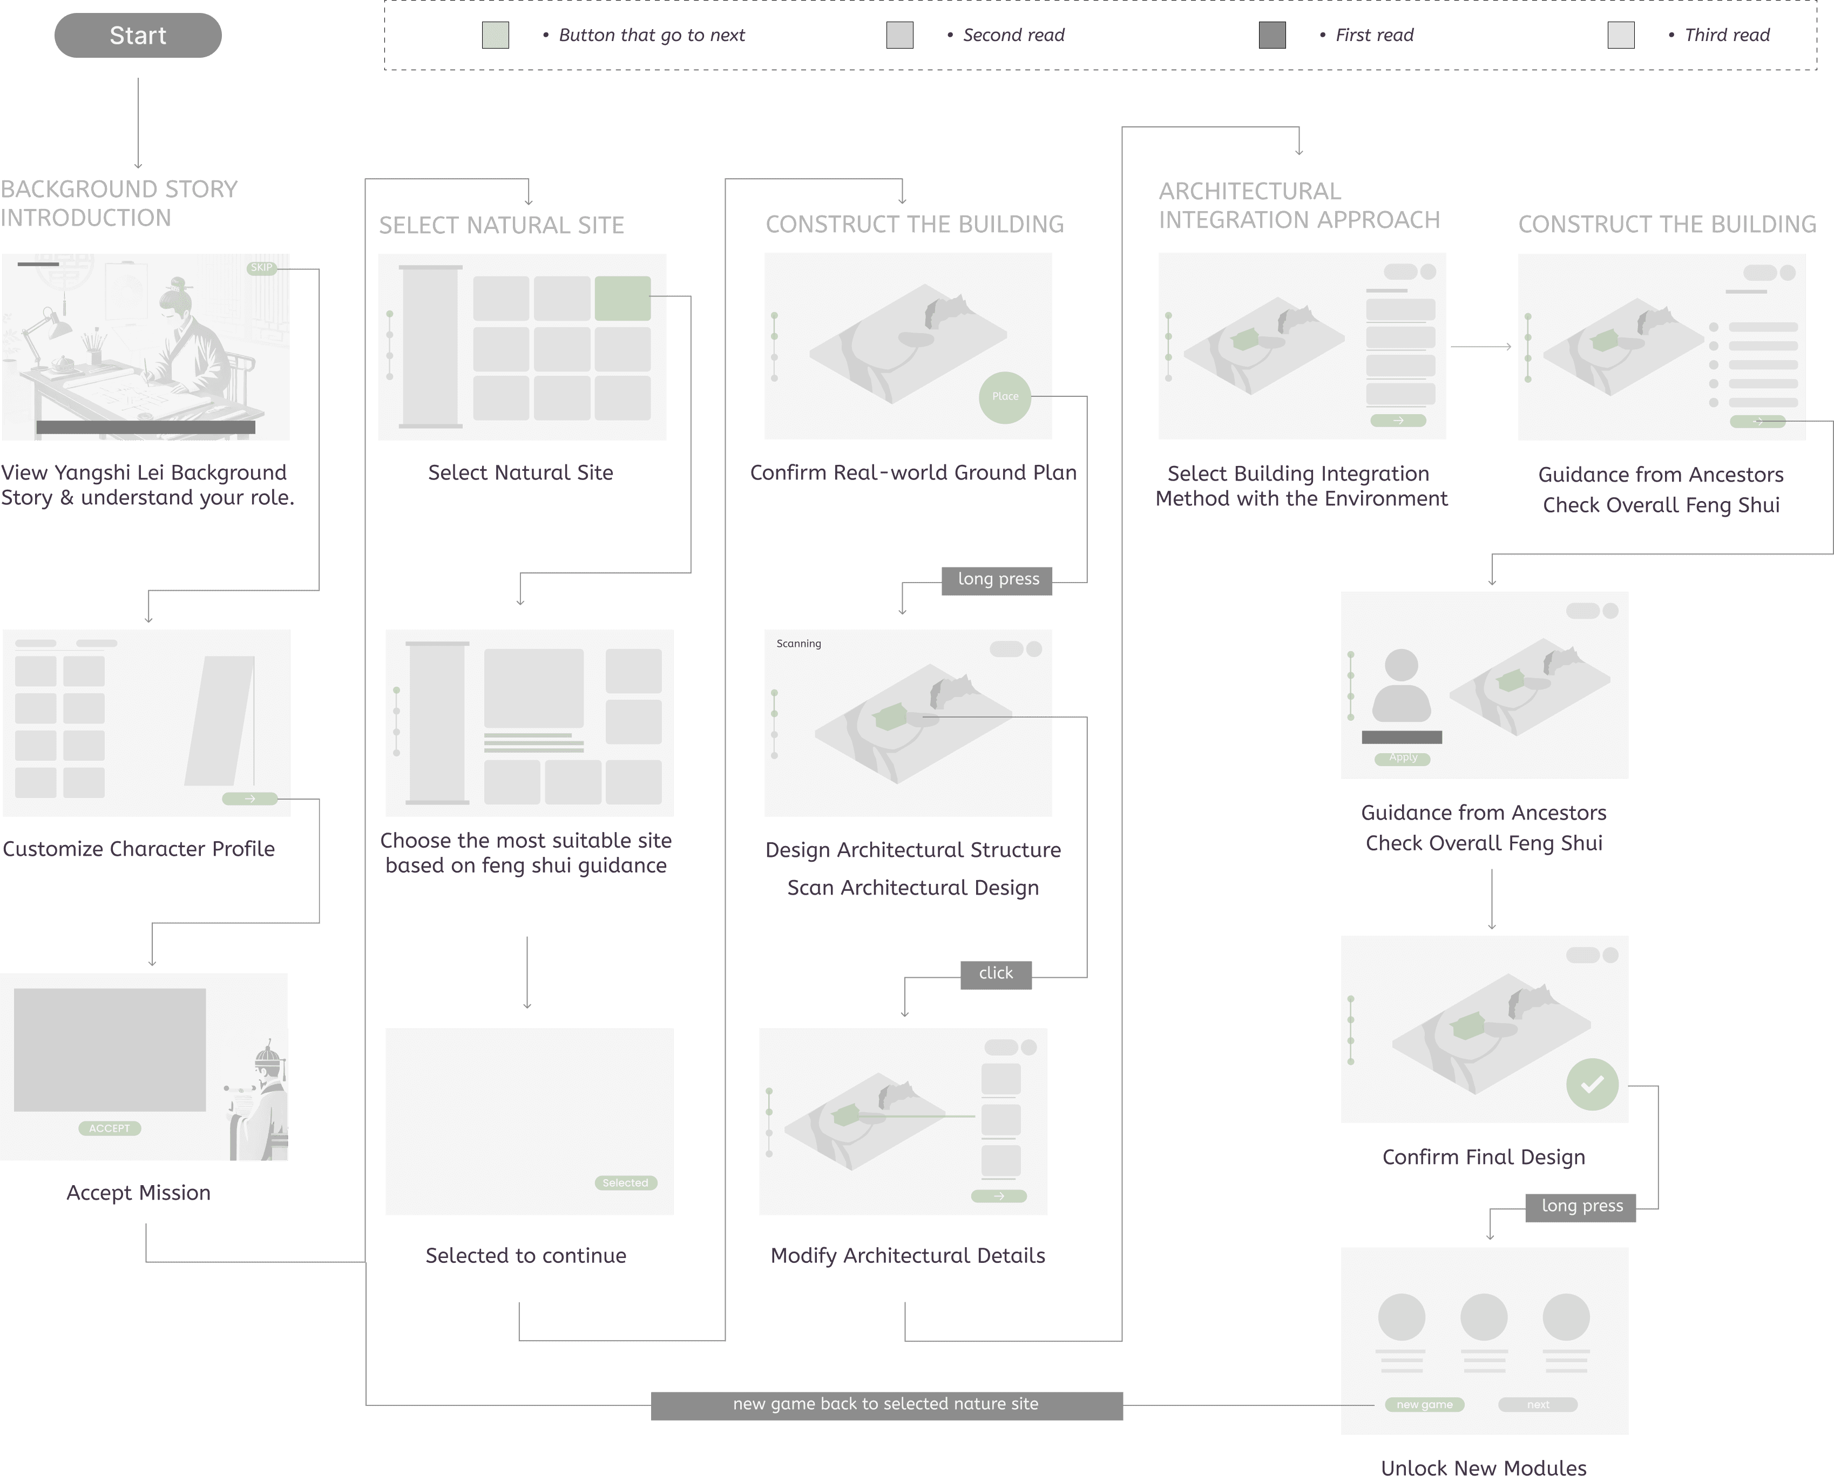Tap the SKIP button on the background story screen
pos(261,268)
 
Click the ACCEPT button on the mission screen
pos(109,1128)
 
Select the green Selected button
pos(625,1182)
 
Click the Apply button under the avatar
pos(1403,758)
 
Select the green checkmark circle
pos(1592,1084)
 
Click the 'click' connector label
pos(996,973)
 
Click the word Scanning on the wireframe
pos(798,643)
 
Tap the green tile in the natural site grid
pos(622,297)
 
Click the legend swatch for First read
pos(1272,36)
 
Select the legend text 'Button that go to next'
pos(651,36)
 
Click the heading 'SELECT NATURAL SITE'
pos(502,225)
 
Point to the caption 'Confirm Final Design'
pos(1484,1157)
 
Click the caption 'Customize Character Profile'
pos(138,849)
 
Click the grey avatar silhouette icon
pos(1402,685)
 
